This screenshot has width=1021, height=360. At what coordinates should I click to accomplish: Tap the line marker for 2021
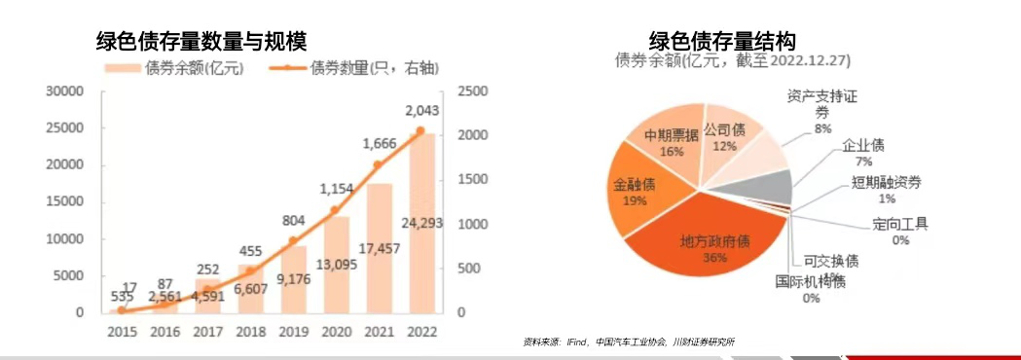(x=379, y=164)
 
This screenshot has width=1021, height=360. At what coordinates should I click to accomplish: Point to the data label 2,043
(x=421, y=110)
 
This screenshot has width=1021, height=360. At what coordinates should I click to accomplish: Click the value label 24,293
(x=421, y=223)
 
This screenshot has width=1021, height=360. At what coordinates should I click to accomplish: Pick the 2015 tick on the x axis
(x=122, y=332)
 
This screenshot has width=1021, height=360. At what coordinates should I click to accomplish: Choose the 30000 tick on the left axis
(x=66, y=90)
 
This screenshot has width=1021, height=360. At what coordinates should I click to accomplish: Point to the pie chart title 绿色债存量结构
(x=722, y=41)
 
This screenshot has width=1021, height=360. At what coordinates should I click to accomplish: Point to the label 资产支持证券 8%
(x=822, y=111)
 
